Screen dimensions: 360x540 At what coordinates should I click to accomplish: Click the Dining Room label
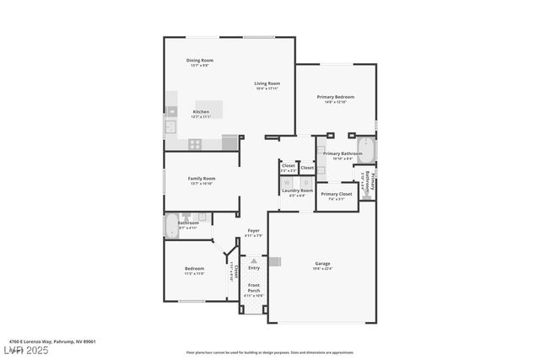point(200,60)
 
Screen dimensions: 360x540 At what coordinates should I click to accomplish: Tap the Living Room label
point(267,83)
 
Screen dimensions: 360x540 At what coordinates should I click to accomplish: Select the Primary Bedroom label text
point(335,97)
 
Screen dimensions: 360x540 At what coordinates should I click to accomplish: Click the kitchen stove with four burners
point(194,144)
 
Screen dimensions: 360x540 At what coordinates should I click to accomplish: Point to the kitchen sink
point(170,127)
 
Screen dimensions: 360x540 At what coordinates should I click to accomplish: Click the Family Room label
point(202,179)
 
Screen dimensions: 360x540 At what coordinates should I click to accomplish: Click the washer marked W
point(287,182)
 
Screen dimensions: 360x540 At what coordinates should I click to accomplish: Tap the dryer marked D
point(305,182)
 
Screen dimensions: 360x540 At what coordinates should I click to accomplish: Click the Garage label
point(321,263)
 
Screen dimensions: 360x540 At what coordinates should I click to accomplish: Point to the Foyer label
point(253,230)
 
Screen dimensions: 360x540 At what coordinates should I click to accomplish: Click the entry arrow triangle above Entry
point(254,261)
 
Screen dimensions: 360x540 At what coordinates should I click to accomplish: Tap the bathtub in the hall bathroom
point(172,226)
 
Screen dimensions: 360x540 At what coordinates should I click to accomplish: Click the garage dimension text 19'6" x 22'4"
point(321,269)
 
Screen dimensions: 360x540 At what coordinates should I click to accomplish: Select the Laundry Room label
point(297,191)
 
